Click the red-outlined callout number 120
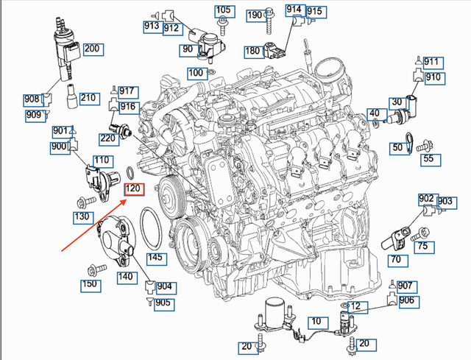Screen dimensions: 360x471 click(x=134, y=190)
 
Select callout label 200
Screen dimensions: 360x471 click(x=91, y=49)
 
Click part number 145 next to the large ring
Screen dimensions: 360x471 click(x=155, y=258)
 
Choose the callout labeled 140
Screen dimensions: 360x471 click(x=125, y=276)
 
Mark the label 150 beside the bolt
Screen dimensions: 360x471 click(x=90, y=284)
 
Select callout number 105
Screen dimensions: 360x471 click(x=223, y=11)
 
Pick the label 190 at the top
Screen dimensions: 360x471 click(x=255, y=15)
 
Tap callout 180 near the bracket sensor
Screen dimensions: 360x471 click(x=252, y=51)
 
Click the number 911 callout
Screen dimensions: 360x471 click(x=431, y=62)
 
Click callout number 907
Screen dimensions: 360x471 click(x=406, y=286)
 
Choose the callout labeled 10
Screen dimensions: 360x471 click(x=315, y=322)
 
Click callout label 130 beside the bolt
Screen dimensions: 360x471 click(x=82, y=216)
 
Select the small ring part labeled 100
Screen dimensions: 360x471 click(x=211, y=74)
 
